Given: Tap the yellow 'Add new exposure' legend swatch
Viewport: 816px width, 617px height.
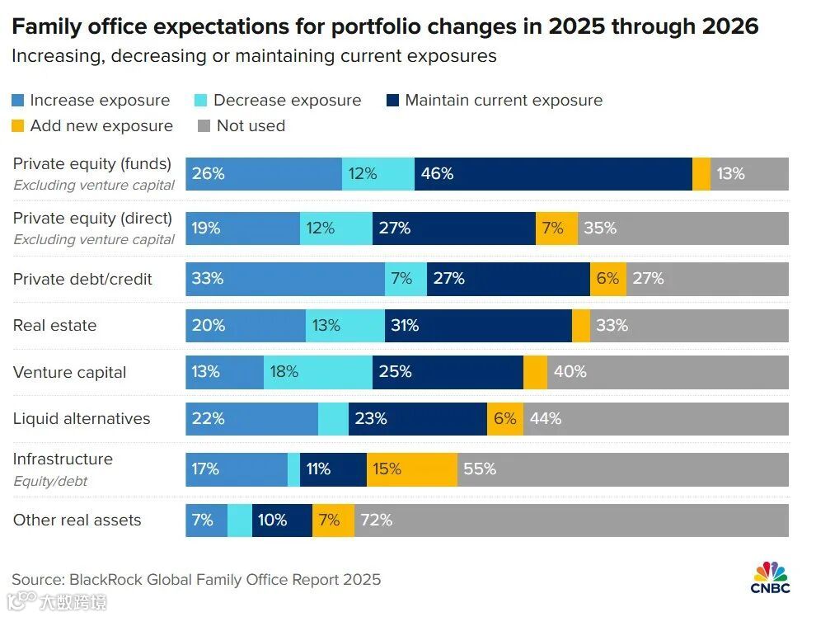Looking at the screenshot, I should click(x=18, y=126).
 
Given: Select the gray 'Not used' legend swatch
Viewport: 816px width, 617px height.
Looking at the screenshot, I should click(x=204, y=126).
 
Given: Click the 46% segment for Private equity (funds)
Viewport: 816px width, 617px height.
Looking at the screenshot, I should click(x=552, y=174).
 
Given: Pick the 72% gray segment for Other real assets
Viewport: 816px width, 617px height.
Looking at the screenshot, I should click(x=571, y=520).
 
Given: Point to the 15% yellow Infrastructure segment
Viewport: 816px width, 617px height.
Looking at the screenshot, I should click(x=411, y=469).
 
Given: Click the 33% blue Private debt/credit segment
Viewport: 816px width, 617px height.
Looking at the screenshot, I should click(x=285, y=279).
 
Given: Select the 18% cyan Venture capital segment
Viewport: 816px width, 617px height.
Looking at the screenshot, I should click(x=317, y=372).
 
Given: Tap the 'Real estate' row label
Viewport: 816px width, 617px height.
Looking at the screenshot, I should click(x=54, y=326).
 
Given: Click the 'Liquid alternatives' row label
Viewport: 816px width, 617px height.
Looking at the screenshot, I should click(x=82, y=419).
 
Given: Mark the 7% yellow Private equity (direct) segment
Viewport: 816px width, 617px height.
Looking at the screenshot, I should click(x=556, y=228).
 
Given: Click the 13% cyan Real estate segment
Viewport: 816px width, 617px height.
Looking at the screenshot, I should click(x=345, y=326).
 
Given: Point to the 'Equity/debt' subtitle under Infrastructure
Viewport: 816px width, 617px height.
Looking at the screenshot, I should click(x=50, y=481).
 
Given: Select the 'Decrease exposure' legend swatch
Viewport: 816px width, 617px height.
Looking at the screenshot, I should click(x=201, y=101).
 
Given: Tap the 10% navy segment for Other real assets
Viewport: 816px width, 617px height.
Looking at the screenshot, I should click(x=282, y=520).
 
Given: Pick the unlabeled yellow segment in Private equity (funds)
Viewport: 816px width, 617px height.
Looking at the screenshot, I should click(x=701, y=174).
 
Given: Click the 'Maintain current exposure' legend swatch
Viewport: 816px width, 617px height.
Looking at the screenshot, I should click(x=392, y=101).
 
